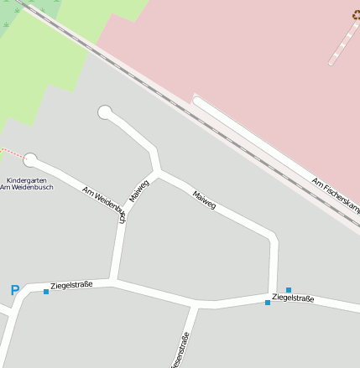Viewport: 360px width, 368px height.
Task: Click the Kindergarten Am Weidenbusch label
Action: point(26,184)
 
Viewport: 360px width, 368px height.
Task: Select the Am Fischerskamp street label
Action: point(335,194)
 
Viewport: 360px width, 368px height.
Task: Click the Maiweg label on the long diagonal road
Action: point(204,200)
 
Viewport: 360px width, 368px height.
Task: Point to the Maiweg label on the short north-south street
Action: point(138,191)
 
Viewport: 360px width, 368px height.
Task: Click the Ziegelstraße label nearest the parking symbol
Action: point(71,285)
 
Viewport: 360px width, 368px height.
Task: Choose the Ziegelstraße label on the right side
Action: point(294,298)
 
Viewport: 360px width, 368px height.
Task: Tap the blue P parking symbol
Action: point(14,291)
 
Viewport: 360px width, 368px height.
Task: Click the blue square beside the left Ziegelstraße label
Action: point(46,292)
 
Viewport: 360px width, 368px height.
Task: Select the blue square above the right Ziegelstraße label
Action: point(288,290)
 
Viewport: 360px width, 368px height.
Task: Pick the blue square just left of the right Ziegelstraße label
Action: point(268,302)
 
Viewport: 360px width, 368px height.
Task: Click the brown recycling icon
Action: point(356,14)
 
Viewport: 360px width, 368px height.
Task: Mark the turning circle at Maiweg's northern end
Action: point(105,111)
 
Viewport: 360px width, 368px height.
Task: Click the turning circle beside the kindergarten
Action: point(31,158)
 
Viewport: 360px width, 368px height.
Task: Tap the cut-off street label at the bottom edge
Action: point(180,352)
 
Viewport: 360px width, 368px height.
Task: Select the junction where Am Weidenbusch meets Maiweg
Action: point(157,173)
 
